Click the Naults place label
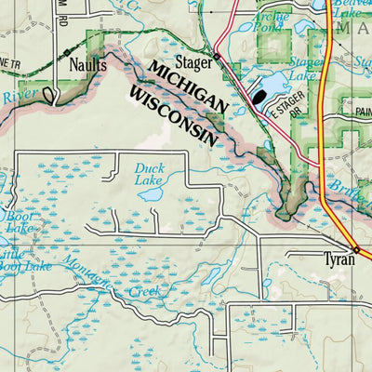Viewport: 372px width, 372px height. (87, 66)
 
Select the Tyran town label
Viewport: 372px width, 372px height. (339, 259)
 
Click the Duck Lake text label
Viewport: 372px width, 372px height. (149, 175)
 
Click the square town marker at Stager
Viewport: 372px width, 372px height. (216, 57)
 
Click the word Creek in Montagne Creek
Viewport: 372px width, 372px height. (146, 291)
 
